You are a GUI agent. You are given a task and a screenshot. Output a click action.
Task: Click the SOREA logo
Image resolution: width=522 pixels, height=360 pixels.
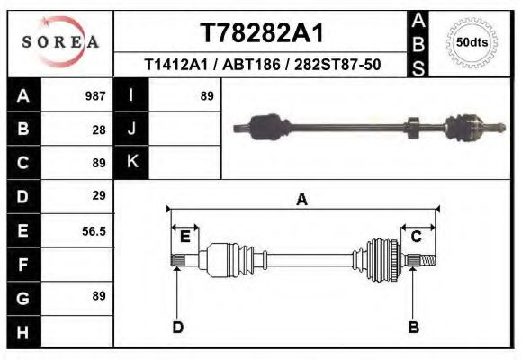[x=60, y=42]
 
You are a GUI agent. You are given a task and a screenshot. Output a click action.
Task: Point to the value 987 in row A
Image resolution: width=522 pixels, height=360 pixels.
[x=95, y=95]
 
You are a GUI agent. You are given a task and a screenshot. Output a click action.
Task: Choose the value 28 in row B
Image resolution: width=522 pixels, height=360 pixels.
[x=99, y=129]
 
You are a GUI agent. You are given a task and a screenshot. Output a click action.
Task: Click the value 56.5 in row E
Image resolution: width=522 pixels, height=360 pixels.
[x=94, y=231]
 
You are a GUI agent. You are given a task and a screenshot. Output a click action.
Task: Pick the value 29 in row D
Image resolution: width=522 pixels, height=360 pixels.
[x=99, y=195]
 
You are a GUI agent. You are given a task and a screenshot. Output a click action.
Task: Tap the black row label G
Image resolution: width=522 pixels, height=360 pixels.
[x=22, y=298]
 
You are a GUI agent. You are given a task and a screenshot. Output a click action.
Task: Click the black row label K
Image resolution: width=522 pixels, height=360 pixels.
[x=131, y=162]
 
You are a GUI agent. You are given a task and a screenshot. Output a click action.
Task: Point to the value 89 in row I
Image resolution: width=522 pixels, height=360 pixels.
[x=206, y=95]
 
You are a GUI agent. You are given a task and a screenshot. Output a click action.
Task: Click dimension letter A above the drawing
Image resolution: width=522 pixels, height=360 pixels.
[x=302, y=200]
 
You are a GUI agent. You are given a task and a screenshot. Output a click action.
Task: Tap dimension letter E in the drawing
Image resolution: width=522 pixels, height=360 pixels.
[x=184, y=237]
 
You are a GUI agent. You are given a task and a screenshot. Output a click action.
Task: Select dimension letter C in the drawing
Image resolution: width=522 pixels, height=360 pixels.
[x=417, y=237]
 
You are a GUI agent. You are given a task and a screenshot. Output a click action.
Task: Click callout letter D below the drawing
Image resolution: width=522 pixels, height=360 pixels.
[x=177, y=327]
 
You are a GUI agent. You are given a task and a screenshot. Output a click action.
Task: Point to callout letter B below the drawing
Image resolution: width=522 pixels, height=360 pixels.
[x=414, y=327]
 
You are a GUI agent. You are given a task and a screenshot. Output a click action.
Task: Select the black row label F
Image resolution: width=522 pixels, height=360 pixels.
[x=22, y=265]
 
